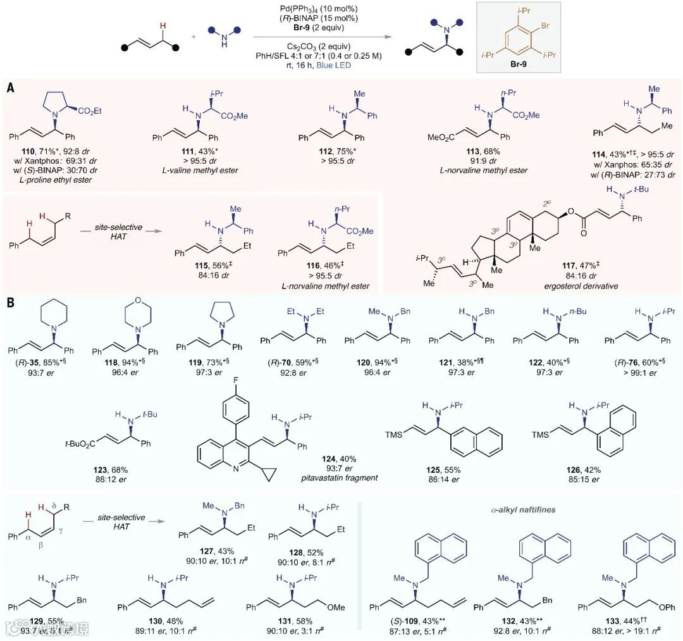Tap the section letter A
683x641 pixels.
(11, 89)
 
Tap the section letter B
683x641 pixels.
(11, 304)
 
